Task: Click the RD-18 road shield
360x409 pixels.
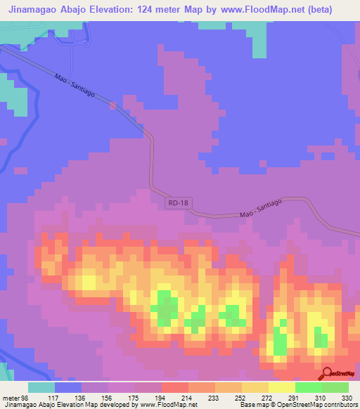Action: point(179,202)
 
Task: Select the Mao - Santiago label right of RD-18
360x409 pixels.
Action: point(260,207)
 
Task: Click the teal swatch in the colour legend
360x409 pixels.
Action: point(41,387)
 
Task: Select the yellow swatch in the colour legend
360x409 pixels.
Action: point(255,387)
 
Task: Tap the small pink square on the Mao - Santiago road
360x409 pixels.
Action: point(112,106)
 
